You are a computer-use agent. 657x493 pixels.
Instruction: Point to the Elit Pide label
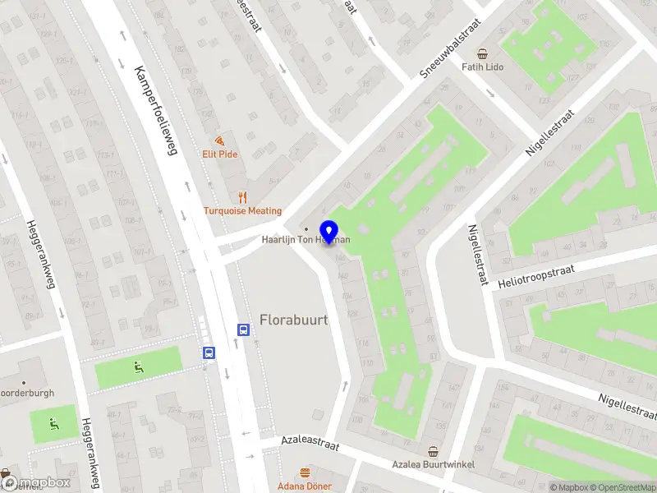tap(219, 154)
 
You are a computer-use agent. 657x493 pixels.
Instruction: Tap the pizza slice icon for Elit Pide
tap(219, 141)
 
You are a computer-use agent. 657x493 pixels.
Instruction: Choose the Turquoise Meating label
tap(242, 210)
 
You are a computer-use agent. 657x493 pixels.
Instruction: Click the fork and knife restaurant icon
tap(241, 197)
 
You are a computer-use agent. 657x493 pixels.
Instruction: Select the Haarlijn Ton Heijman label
tap(306, 240)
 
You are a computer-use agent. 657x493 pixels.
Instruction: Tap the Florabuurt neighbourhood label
tap(294, 319)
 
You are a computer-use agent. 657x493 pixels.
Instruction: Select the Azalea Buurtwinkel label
tap(433, 464)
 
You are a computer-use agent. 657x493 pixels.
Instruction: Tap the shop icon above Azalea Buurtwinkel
tap(433, 451)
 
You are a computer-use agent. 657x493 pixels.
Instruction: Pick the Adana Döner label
tap(306, 486)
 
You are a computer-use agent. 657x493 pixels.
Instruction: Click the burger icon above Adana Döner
tap(306, 472)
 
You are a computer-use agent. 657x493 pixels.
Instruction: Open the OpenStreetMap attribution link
tap(621, 487)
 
